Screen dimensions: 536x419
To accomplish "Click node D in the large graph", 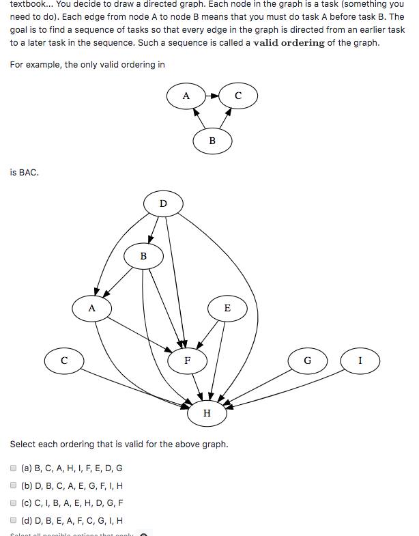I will [x=162, y=203].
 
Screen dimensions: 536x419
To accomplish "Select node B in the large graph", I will [x=143, y=257].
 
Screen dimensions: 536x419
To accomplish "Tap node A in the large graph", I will [x=91, y=308].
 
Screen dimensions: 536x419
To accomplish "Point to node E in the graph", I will [x=227, y=308].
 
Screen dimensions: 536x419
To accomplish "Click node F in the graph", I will [x=187, y=360].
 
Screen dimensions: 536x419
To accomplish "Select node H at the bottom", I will [x=207, y=413].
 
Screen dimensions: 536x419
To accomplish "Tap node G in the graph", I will [x=307, y=360].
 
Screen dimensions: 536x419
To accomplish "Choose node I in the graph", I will [x=360, y=360].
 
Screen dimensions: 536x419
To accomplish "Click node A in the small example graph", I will [x=186, y=96].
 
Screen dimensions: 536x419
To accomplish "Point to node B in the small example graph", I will [x=212, y=141].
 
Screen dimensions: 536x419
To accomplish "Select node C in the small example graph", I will [x=237, y=96].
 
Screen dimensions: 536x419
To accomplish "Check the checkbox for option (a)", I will [x=14, y=468].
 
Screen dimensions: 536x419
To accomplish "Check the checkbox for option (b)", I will [x=14, y=486].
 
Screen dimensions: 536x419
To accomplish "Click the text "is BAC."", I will [x=25, y=173].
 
